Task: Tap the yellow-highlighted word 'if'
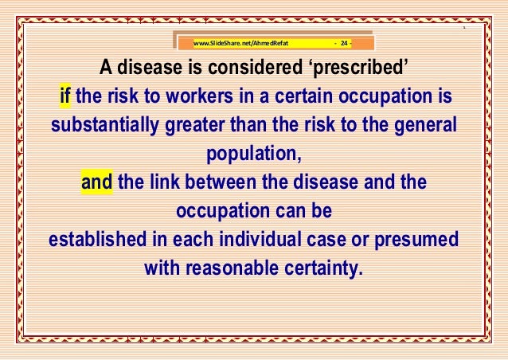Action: click(66, 98)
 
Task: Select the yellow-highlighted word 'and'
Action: click(97, 182)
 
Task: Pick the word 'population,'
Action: click(254, 155)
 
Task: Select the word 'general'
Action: click(422, 126)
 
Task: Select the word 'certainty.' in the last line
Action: click(325, 267)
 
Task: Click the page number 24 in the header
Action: click(345, 41)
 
